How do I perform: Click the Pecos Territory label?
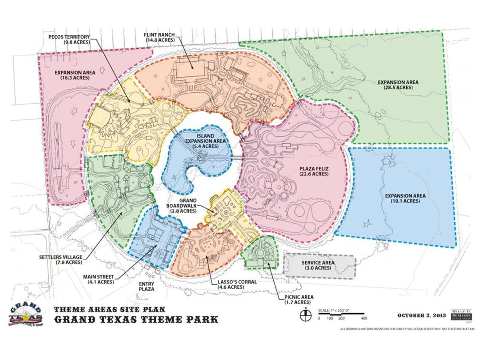coord(69,39)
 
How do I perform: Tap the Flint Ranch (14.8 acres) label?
coord(159,37)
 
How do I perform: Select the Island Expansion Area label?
coord(202,141)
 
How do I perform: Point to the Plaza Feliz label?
coord(314,171)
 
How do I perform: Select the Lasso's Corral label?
coord(237,284)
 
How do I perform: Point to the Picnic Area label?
coord(299,299)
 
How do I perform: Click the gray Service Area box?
coord(319,265)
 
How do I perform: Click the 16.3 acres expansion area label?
coord(75,75)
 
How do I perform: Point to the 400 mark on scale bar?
coord(364,319)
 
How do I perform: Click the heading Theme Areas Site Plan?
coord(109,309)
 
